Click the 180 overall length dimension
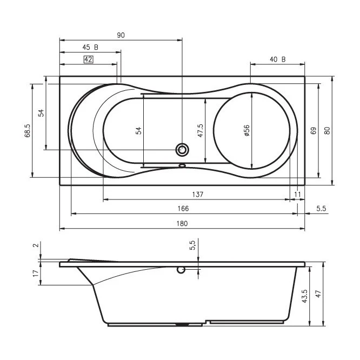coord(182,223)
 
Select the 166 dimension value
coord(183,209)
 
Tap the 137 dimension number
coord(198,195)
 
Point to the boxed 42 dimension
coord(89,59)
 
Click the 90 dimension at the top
coord(121,35)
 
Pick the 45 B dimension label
coord(90,47)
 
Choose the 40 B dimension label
coord(278,59)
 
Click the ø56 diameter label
coord(246,130)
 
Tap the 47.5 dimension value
coord(200,130)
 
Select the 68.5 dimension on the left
coord(27,130)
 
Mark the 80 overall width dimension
coord(327,130)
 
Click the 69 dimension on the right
coord(314,130)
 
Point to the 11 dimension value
coord(297,195)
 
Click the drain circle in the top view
coord(182,150)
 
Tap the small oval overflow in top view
coord(182,165)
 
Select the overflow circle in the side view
coord(181,270)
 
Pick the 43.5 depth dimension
coord(304,296)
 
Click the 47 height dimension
coord(318,294)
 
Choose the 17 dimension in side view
coord(36,273)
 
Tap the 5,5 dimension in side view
coord(192,245)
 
